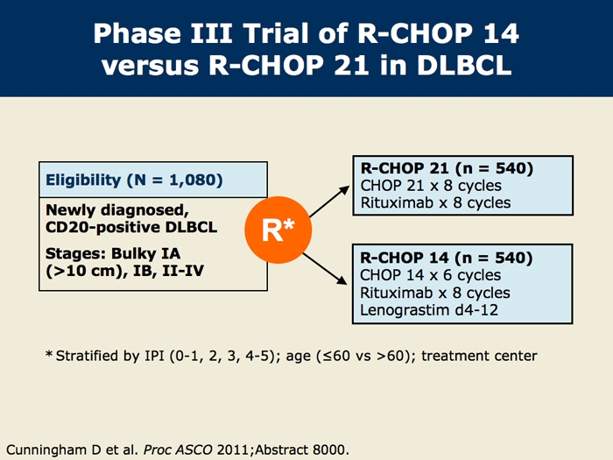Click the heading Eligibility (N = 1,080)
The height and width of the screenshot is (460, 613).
(x=134, y=180)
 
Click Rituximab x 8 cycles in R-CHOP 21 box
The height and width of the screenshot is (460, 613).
(x=435, y=203)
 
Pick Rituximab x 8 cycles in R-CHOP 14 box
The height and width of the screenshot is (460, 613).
(x=435, y=293)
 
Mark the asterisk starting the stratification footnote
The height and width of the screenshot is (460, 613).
(x=49, y=355)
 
